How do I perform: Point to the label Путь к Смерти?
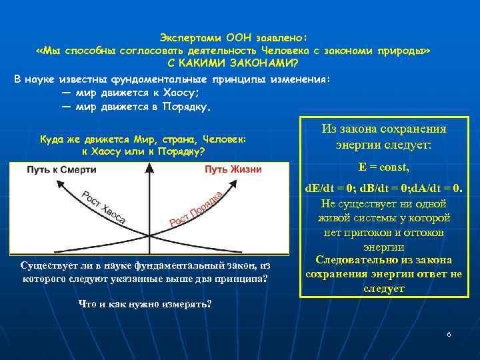click(61, 170)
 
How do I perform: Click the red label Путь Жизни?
click(233, 170)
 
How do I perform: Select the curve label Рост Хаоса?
click(104, 207)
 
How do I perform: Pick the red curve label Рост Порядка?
click(195, 207)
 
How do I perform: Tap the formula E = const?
click(383, 167)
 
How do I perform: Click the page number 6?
click(449, 333)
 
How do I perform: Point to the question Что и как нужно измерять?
click(145, 304)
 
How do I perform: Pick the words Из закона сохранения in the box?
click(383, 129)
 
